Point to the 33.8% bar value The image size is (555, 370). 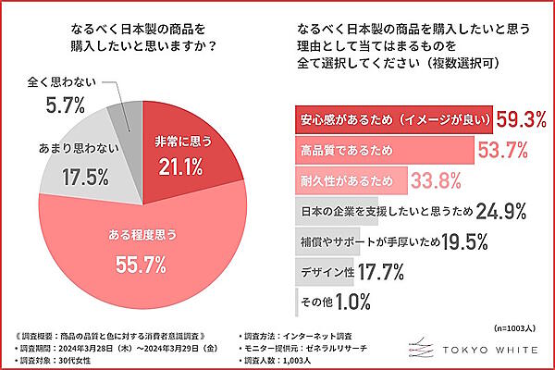[x=436, y=179]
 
